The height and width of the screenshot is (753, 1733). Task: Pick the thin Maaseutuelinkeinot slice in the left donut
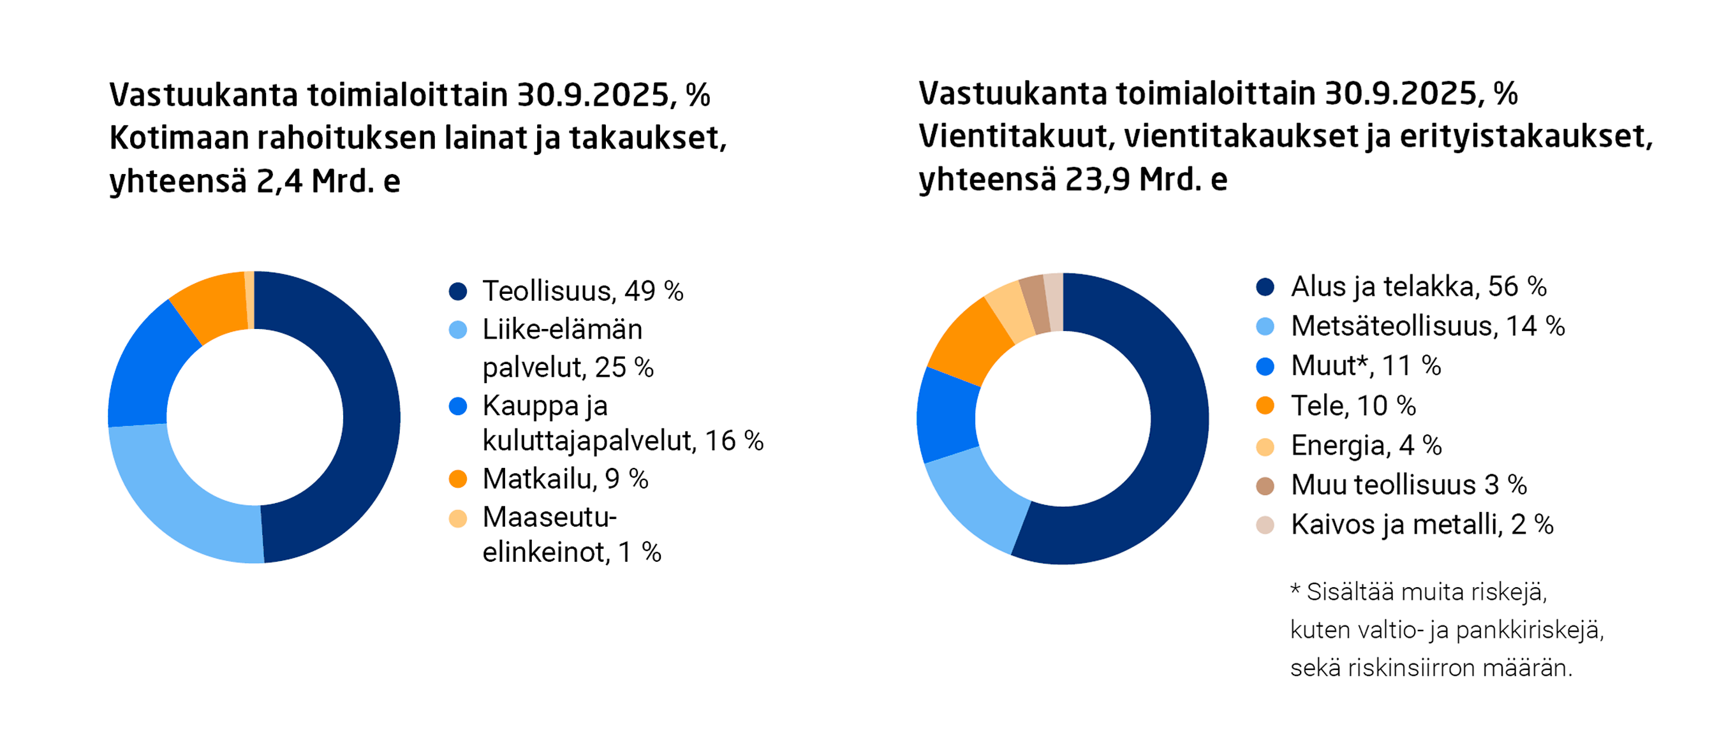tap(249, 300)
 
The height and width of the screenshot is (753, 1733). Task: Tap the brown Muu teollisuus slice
tap(1035, 305)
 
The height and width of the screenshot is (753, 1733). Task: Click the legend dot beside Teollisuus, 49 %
tap(458, 291)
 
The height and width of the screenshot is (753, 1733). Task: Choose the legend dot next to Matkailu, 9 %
tap(458, 479)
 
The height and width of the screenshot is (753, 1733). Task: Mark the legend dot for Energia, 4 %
tap(1265, 446)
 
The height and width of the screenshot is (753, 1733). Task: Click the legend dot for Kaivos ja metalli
tap(1265, 525)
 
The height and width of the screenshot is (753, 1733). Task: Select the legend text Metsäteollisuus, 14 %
tap(1427, 326)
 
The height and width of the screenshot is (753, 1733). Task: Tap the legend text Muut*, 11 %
tap(1365, 367)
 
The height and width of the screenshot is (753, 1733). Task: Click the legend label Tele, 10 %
tap(1352, 406)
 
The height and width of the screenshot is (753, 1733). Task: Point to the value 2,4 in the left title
tap(279, 181)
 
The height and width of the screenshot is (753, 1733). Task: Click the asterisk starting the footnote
tap(1295, 590)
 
